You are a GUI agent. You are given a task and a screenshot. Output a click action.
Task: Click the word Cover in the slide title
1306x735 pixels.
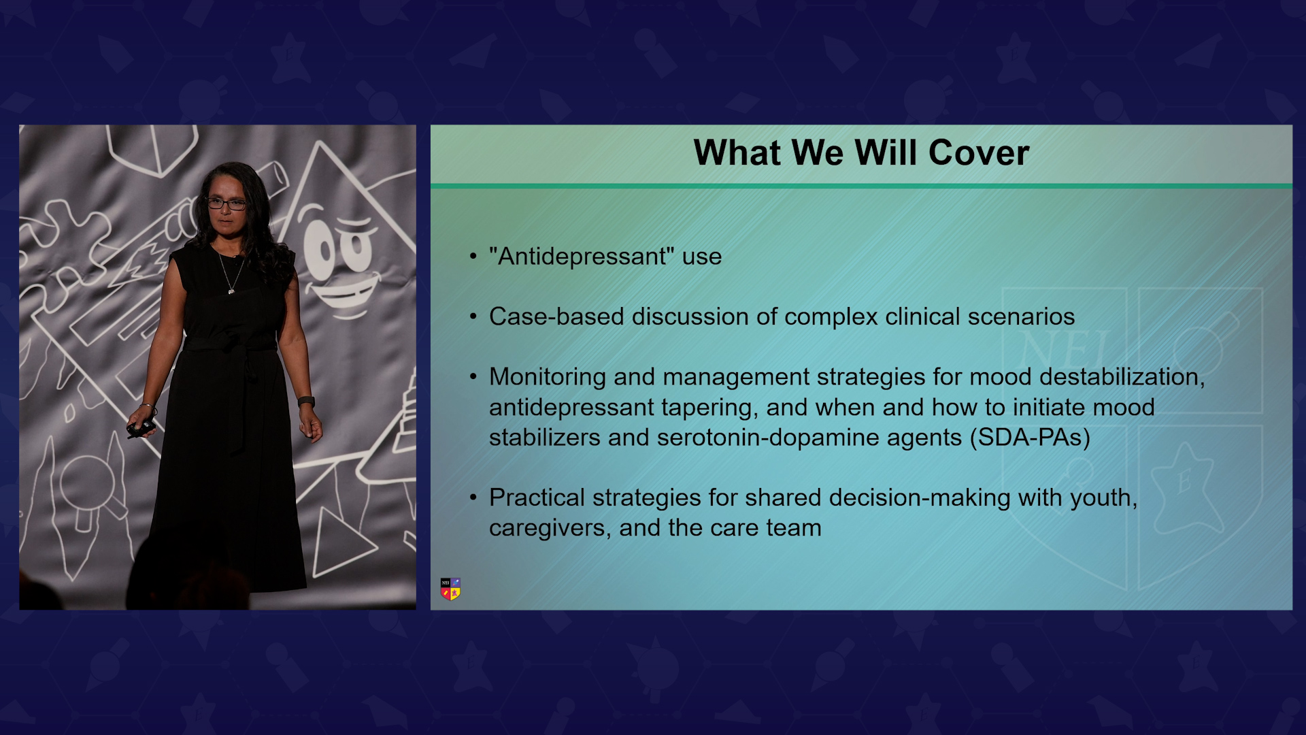[x=979, y=152]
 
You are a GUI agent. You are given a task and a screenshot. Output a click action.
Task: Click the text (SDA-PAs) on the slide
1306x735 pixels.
[x=1030, y=438]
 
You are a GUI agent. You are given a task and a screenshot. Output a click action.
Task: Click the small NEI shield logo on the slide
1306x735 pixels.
[x=450, y=589]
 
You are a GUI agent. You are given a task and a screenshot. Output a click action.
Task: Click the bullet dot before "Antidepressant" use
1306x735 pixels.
[x=473, y=257]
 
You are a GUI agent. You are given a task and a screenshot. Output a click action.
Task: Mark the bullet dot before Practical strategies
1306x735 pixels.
[x=473, y=498]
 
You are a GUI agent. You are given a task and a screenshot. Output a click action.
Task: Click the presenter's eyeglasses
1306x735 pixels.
[x=227, y=203]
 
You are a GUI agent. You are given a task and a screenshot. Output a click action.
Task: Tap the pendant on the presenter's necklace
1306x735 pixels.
[x=231, y=291]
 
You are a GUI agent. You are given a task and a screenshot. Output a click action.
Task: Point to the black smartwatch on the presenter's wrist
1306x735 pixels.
[x=306, y=402]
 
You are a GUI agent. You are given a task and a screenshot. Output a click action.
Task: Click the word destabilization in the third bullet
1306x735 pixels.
[x=1122, y=377]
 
